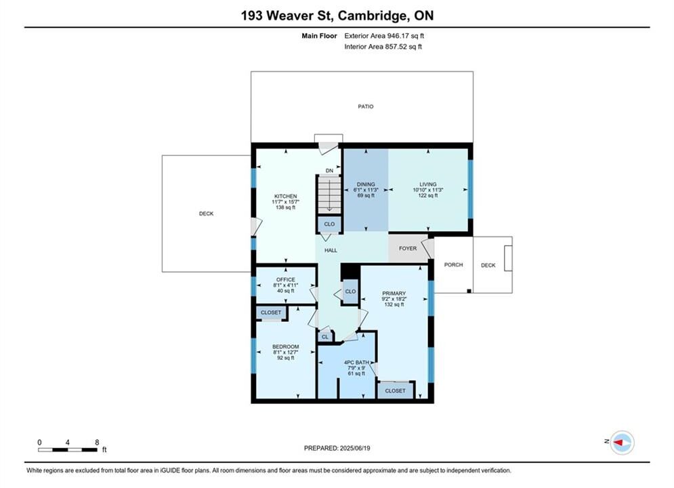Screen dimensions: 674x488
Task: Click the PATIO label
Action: pyautogui.click(x=366, y=106)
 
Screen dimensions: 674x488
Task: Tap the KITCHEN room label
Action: pyautogui.click(x=285, y=197)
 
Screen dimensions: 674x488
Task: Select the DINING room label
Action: pyautogui.click(x=366, y=184)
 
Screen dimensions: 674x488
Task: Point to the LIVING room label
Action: pyautogui.click(x=427, y=184)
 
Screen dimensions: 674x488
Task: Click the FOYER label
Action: pyautogui.click(x=408, y=249)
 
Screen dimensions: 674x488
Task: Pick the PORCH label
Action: pyautogui.click(x=453, y=265)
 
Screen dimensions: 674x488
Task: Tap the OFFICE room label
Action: pyautogui.click(x=285, y=280)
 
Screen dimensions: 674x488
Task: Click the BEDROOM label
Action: pyautogui.click(x=285, y=347)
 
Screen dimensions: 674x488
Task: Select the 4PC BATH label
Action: pyautogui.click(x=356, y=363)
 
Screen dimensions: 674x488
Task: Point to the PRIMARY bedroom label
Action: pyautogui.click(x=394, y=293)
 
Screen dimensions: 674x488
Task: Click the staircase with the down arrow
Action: pyautogui.click(x=329, y=195)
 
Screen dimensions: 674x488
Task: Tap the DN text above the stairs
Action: pyautogui.click(x=329, y=171)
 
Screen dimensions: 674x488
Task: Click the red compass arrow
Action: pyautogui.click(x=618, y=442)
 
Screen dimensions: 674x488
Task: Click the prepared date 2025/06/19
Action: pyautogui.click(x=355, y=448)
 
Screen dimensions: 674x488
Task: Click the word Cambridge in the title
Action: pyautogui.click(x=373, y=16)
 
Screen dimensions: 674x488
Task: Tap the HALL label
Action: pyautogui.click(x=331, y=250)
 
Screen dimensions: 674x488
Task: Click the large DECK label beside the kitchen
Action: pyautogui.click(x=207, y=213)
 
